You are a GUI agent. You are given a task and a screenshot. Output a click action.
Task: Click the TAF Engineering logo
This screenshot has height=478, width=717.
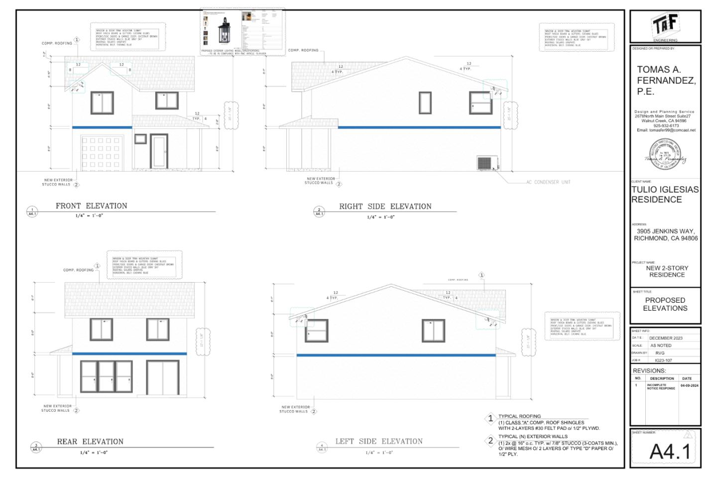coord(665,25)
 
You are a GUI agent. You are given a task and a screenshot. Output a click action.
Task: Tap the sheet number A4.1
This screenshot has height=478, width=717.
coord(670,452)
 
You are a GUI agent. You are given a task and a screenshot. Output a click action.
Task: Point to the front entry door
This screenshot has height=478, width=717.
coord(159,152)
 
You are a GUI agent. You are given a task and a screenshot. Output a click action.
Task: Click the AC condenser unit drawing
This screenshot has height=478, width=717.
coord(484,163)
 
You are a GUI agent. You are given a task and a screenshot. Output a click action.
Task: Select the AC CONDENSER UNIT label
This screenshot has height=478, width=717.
coord(548,182)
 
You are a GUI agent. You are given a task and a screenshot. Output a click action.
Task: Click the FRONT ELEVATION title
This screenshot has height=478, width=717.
coord(91,206)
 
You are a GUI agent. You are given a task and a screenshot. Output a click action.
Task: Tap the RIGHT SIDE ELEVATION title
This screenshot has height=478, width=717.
coord(385,206)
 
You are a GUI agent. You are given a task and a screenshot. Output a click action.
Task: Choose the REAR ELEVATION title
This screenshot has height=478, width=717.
coord(90,442)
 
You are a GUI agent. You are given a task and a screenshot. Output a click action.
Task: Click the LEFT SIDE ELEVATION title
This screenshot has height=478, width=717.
coord(378,441)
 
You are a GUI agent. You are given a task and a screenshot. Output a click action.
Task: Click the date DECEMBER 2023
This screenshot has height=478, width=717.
coord(665,338)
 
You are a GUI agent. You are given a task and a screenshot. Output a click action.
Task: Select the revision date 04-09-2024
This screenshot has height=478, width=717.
coord(690,385)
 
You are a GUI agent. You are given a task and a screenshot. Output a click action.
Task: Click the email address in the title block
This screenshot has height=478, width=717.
coord(666,130)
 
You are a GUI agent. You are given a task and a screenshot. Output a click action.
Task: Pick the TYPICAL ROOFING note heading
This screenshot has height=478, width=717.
coord(519,416)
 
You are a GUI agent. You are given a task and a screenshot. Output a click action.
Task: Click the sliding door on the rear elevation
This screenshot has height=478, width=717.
coord(163,377)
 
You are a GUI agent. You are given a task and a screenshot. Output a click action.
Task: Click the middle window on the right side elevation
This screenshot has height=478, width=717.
coord(425,103)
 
